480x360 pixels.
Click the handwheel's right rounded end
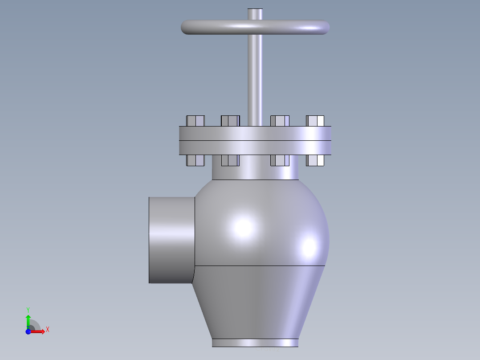point(324,28)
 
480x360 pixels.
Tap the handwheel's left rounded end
point(187,27)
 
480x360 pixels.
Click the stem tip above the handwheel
point(255,13)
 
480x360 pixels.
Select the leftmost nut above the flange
point(195,121)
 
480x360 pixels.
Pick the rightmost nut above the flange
point(315,121)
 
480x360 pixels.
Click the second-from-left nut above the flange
point(230,121)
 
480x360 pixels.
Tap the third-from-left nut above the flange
point(280,121)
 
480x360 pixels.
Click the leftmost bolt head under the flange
point(195,160)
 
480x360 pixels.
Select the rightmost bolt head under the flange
point(315,160)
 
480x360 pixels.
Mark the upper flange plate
point(255,133)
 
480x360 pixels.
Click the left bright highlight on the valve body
point(243,227)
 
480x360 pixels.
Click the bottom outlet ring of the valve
point(255,343)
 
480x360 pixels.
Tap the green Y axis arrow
point(28,318)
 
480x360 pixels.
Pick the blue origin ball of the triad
point(28,331)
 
